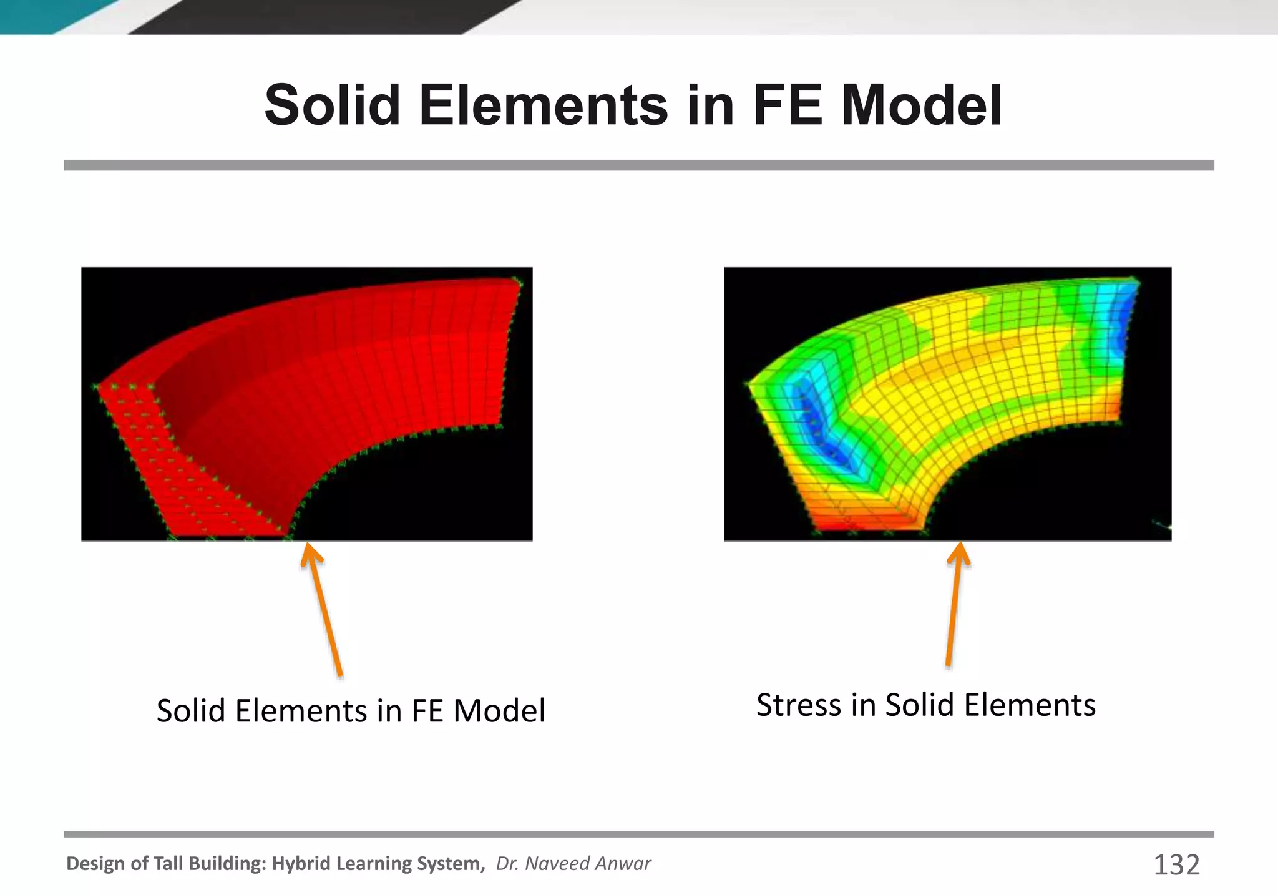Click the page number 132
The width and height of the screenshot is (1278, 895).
[x=1176, y=865]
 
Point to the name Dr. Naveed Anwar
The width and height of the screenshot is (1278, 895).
[x=573, y=863]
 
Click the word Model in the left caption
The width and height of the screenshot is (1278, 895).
[x=499, y=710]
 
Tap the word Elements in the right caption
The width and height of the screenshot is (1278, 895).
[x=1030, y=705]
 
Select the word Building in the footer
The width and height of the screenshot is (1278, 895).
[x=228, y=863]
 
